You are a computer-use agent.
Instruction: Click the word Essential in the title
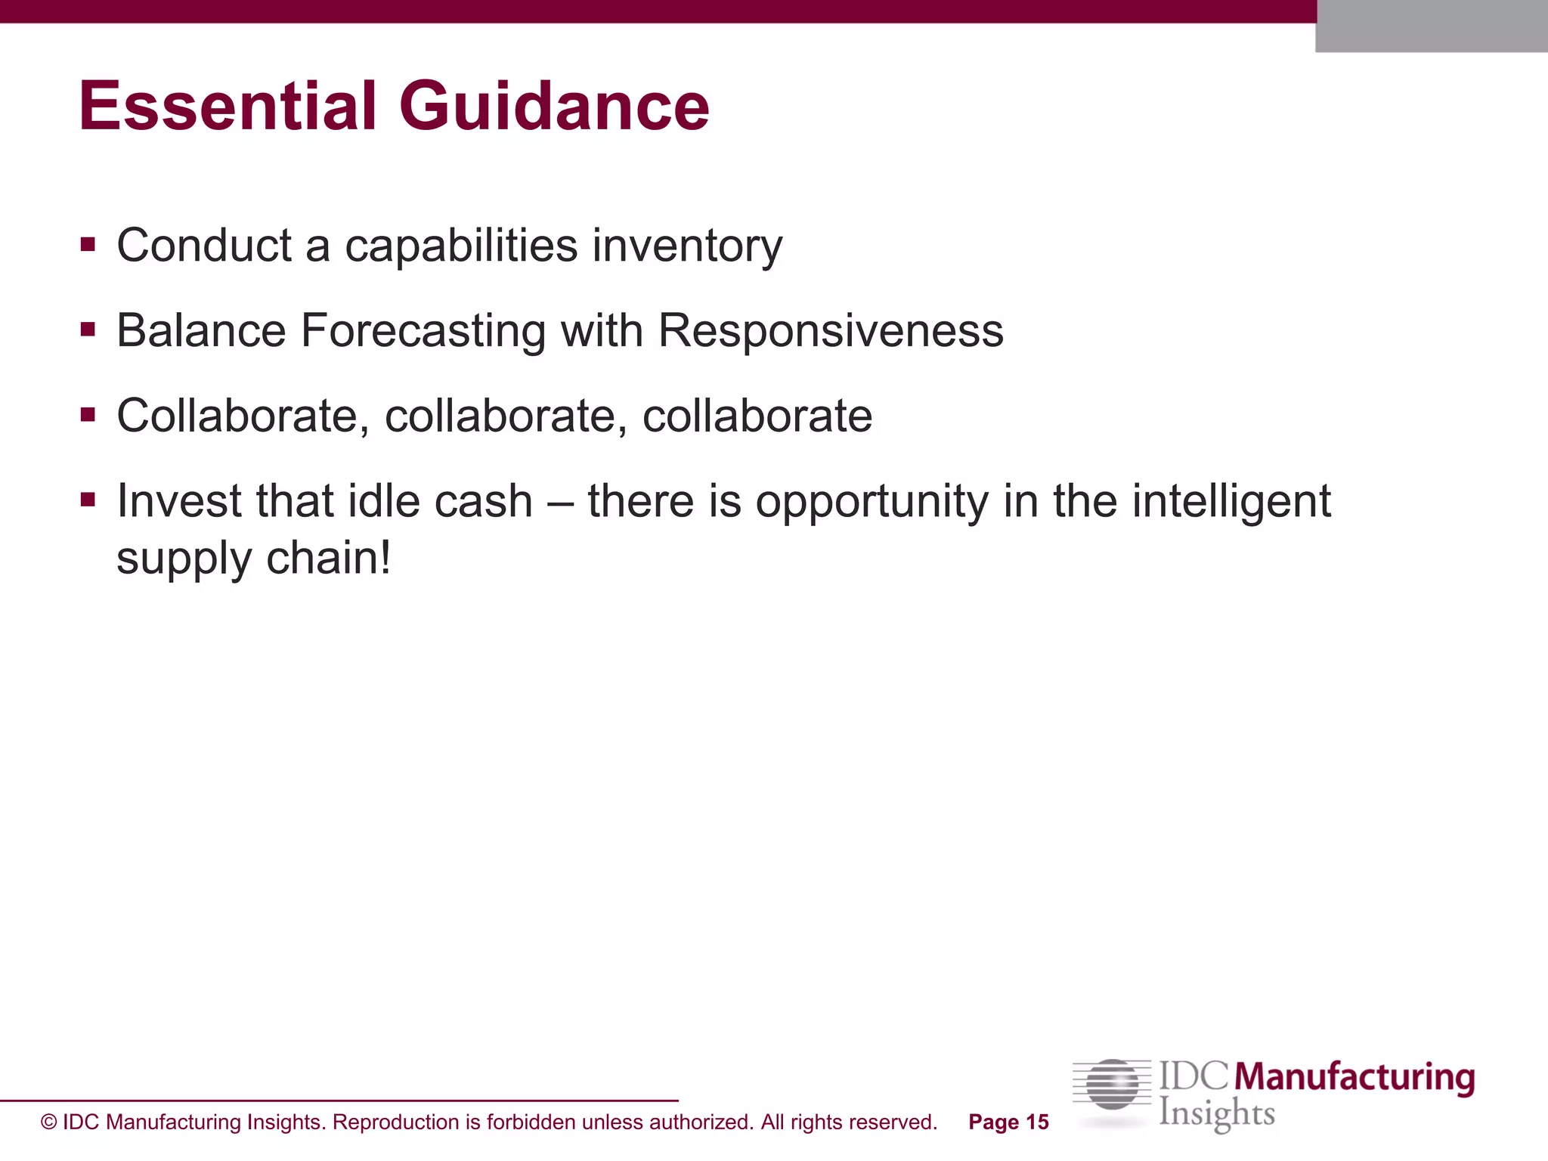pyautogui.click(x=227, y=107)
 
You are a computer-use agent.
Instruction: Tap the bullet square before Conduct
pyautogui.click(x=88, y=244)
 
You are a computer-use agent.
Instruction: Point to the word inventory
pyautogui.click(x=687, y=247)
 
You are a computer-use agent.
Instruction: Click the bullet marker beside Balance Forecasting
pyautogui.click(x=88, y=330)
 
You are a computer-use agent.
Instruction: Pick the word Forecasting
pyautogui.click(x=423, y=332)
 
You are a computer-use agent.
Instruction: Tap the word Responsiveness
pyautogui.click(x=831, y=331)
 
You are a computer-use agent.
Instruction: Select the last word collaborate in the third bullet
pyautogui.click(x=757, y=416)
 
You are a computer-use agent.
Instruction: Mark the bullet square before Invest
pyautogui.click(x=88, y=500)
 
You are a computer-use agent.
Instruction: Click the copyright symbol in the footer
pyautogui.click(x=49, y=1122)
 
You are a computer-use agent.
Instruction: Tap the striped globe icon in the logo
pyautogui.click(x=1112, y=1085)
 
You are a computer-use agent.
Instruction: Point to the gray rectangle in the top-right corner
pyautogui.click(x=1431, y=26)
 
